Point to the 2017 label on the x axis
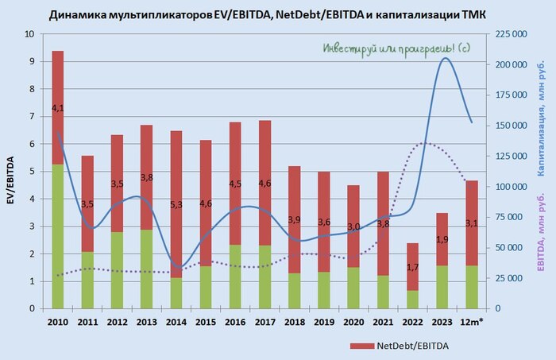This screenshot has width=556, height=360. click(264, 322)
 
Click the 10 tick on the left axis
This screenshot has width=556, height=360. click(29, 35)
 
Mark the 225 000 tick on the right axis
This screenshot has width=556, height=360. click(512, 35)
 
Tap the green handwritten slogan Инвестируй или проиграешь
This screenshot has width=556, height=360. click(396, 48)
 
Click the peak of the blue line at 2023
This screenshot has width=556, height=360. click(445, 58)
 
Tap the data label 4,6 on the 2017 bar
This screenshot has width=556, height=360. click(264, 184)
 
